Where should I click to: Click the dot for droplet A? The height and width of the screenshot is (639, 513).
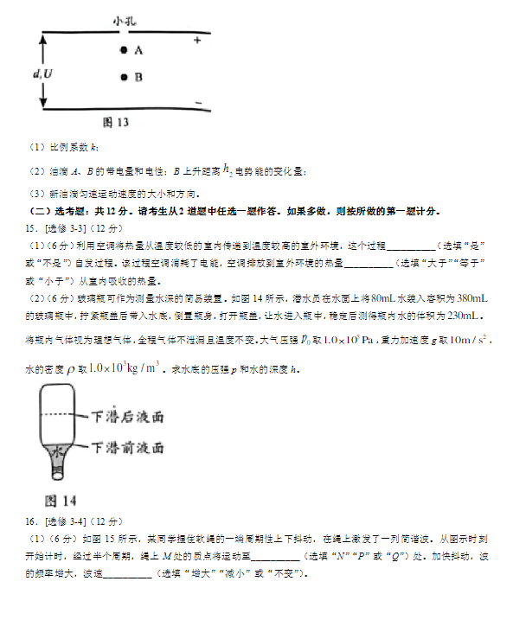(x=124, y=51)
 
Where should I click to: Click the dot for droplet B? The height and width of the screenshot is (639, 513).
(x=124, y=77)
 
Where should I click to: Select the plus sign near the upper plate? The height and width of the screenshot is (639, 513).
(x=197, y=41)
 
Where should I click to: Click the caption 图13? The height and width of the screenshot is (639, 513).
(x=115, y=122)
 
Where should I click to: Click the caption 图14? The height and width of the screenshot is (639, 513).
(x=61, y=501)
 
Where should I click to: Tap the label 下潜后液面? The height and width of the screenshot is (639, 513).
(x=130, y=417)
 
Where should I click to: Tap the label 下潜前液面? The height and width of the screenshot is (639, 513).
(x=130, y=447)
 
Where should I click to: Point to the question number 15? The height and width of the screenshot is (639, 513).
(x=31, y=229)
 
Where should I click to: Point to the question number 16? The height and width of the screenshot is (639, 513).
(x=31, y=521)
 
